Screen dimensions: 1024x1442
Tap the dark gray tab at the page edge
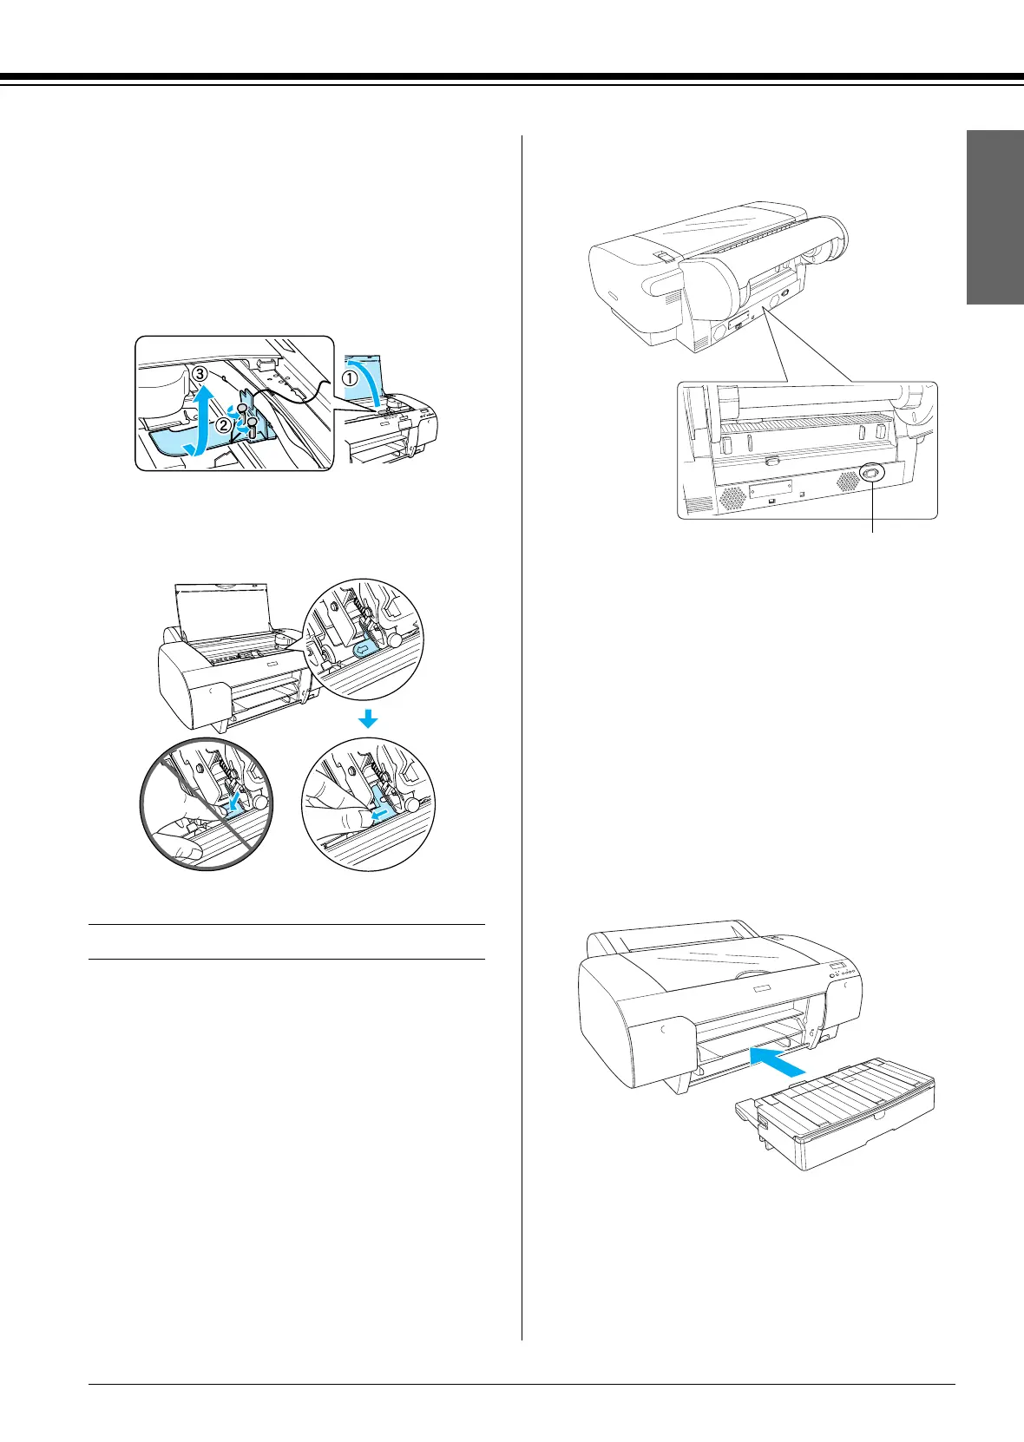[x=995, y=217]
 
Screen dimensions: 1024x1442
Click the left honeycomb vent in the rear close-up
[x=731, y=497]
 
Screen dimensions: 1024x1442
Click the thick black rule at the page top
[x=512, y=77]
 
